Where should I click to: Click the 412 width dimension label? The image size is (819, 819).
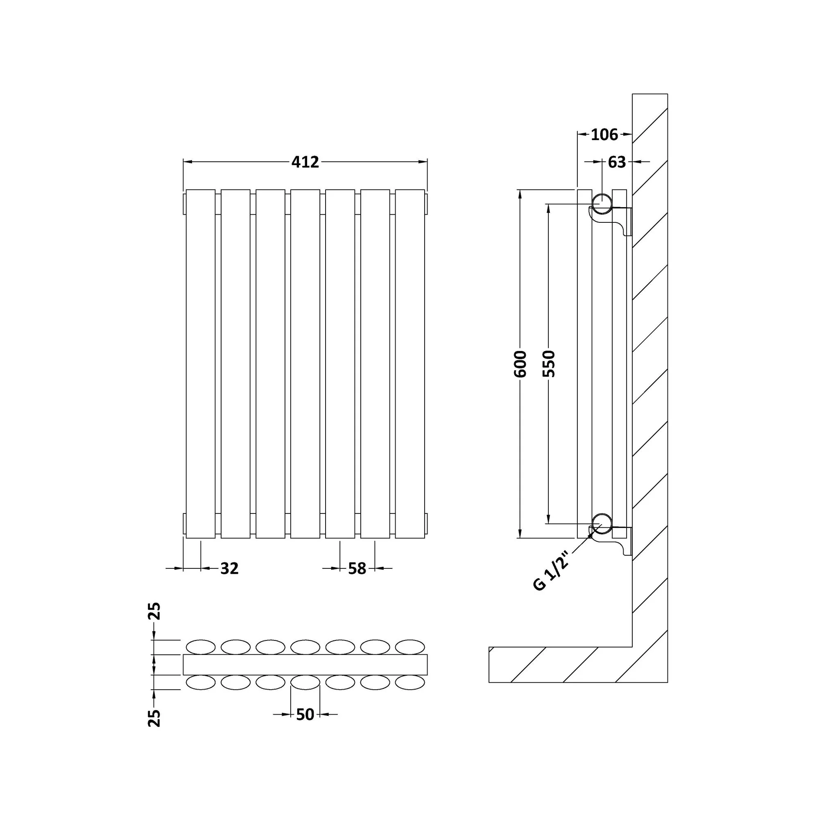coord(305,162)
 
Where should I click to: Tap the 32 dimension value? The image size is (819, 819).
coord(229,568)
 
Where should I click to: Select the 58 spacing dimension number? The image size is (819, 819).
coord(357,568)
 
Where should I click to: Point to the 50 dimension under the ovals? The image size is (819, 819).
coord(305,714)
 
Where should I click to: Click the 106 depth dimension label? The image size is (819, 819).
coord(604,135)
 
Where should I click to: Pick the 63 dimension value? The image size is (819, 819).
coord(617,162)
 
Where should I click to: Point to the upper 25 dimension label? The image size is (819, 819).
coord(155,611)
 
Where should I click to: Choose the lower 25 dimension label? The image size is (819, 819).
coord(155,718)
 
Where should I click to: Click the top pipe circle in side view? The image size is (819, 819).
coord(602,204)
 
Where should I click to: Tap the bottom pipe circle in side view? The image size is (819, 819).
coord(602,524)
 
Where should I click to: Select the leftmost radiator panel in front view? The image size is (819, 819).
coord(201,364)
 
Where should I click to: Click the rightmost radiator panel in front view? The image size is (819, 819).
coord(410,364)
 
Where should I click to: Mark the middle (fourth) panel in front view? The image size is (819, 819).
coord(305,364)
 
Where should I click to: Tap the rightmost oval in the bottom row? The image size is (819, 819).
coord(410,683)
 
